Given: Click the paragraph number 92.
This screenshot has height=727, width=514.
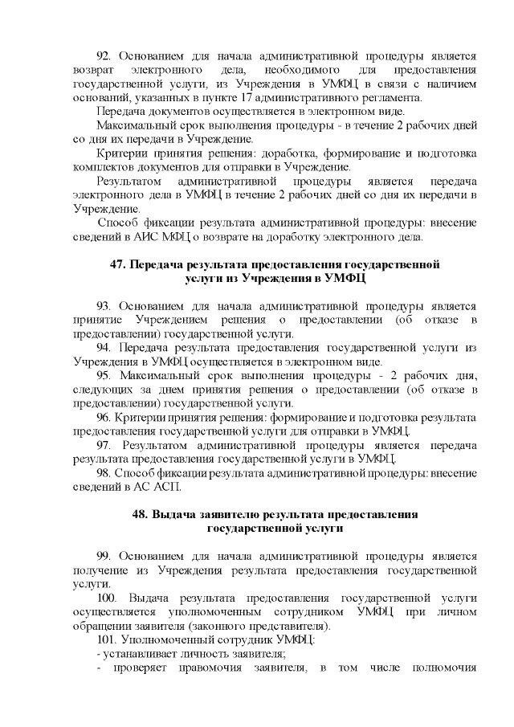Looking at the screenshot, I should tap(104, 55).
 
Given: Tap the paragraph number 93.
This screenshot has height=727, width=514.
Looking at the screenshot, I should tap(104, 306).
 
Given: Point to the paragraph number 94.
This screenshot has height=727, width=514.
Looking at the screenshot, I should tap(104, 348).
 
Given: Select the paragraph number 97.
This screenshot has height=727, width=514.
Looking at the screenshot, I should tap(104, 445).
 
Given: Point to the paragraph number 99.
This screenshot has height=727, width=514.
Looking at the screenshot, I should tap(104, 557).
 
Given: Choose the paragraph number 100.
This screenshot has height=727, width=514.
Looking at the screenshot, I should tap(106, 598).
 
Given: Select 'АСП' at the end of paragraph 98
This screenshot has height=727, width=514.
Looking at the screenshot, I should tap(169, 487).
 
